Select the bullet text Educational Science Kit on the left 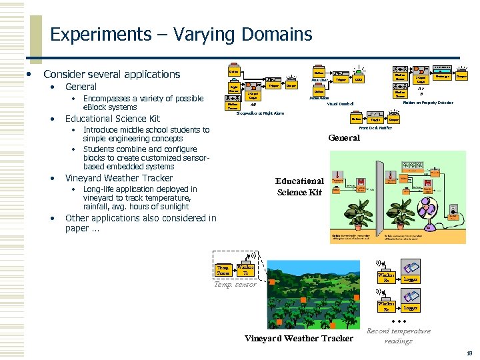click(113, 119)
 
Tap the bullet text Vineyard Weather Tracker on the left click(119, 178)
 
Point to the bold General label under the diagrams click(344, 138)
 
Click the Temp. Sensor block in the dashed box click(223, 270)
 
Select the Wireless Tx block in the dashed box click(246, 270)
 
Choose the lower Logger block click(411, 307)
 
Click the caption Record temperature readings click(399, 336)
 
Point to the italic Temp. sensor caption click(235, 284)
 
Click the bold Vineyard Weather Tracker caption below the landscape click(299, 338)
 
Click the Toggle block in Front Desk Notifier click(375, 119)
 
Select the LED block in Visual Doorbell click(359, 79)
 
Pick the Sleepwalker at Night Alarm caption click(260, 113)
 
